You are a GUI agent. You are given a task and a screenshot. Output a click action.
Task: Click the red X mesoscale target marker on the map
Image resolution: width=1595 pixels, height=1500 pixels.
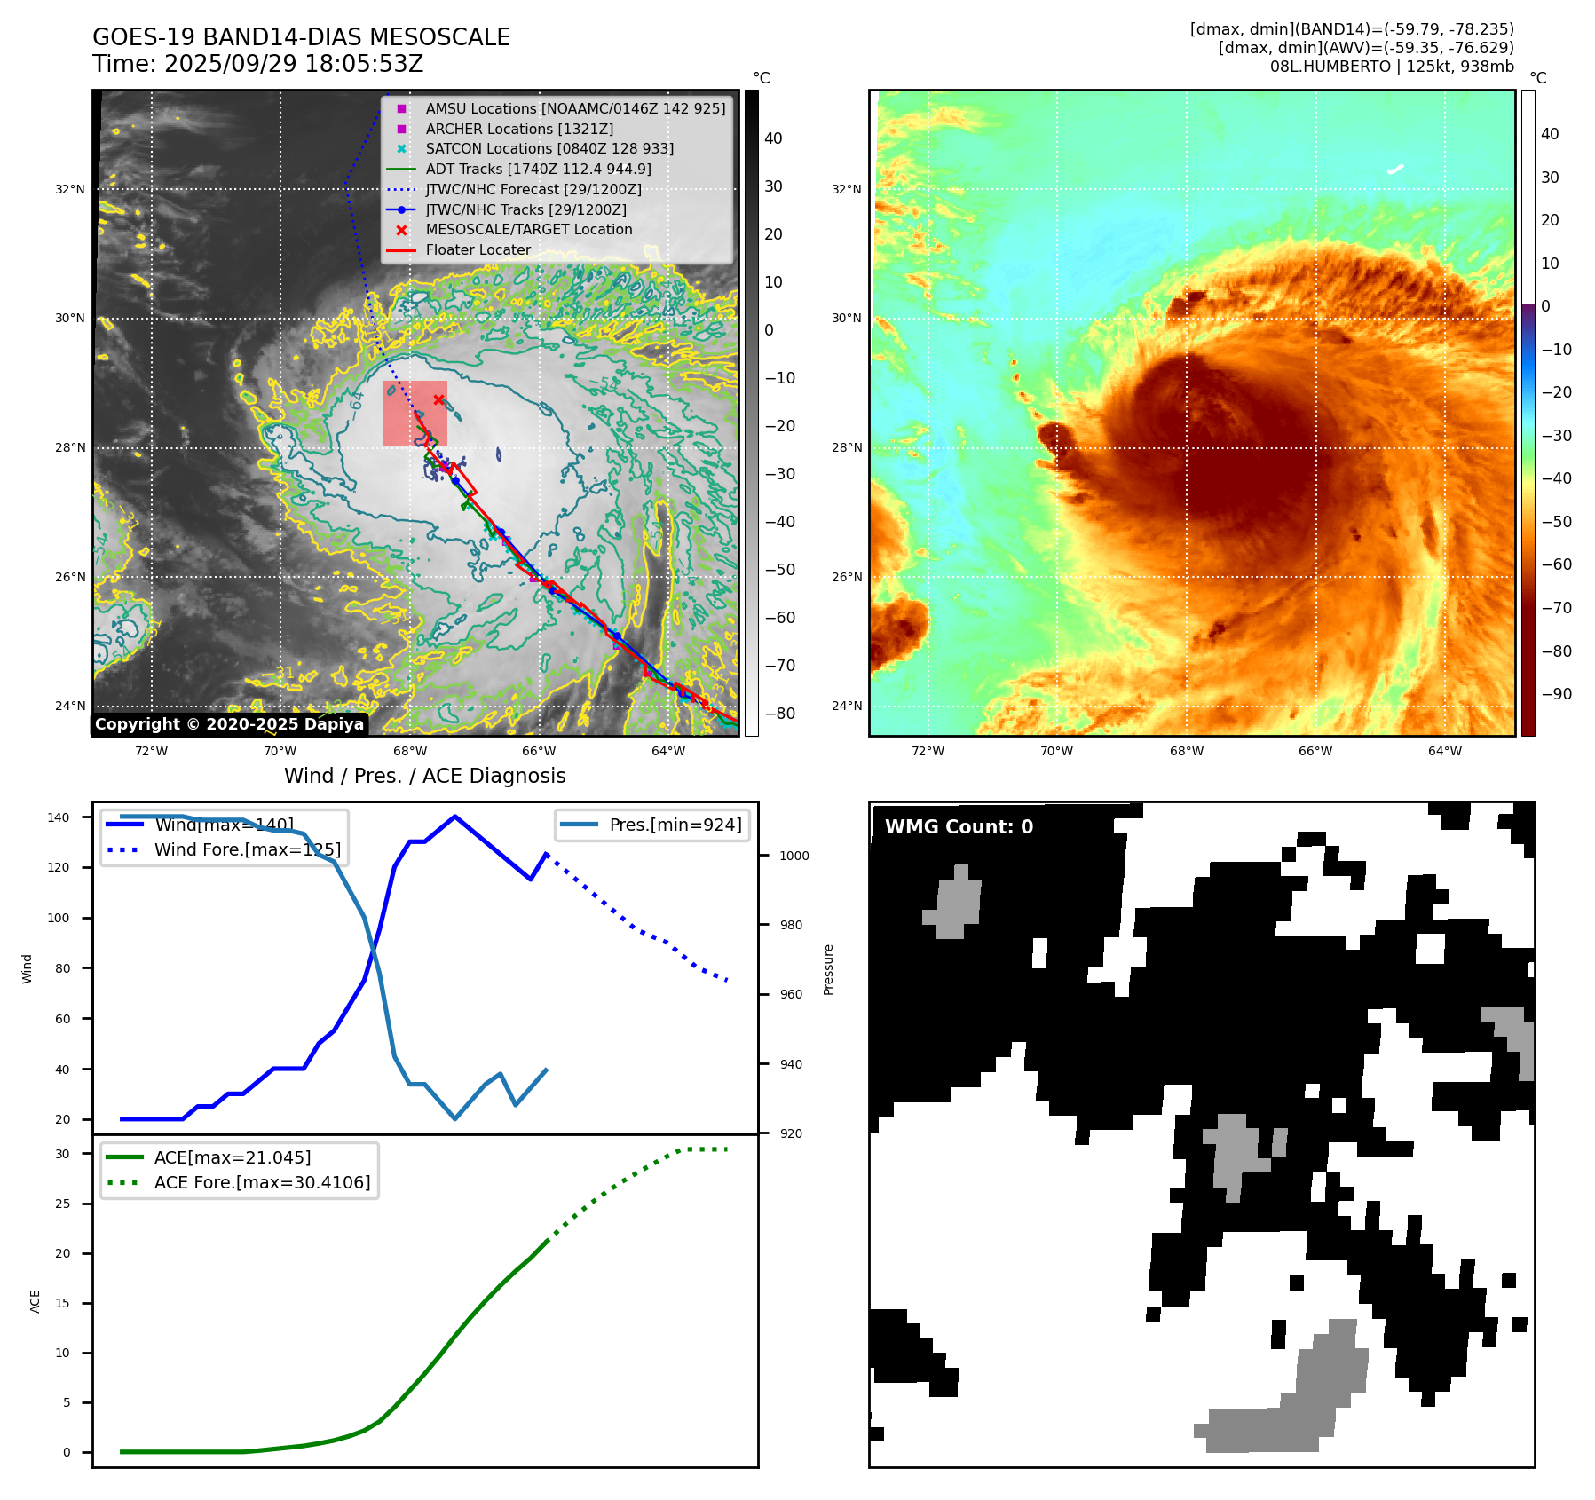(438, 399)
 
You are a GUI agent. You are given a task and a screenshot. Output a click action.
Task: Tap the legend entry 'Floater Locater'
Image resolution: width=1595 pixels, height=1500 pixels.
(478, 250)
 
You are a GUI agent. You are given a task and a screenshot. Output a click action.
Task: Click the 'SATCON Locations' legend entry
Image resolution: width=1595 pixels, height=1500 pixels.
(549, 148)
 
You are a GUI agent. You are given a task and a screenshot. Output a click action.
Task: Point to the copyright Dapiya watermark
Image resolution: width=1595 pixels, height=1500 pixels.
(229, 724)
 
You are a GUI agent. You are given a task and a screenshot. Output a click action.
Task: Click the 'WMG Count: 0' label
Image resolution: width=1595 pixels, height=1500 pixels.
(959, 827)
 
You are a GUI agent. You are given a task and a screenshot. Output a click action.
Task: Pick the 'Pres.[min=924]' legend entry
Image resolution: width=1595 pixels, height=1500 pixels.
(675, 825)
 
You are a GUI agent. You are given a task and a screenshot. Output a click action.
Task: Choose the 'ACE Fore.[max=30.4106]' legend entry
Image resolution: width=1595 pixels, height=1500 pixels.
(262, 1182)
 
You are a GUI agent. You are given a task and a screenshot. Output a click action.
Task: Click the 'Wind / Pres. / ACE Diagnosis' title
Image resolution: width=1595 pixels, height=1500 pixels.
(424, 776)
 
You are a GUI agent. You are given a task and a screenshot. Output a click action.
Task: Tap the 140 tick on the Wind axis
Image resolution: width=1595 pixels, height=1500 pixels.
(59, 817)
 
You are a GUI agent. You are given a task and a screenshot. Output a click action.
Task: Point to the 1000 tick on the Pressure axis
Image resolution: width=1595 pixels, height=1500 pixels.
(794, 856)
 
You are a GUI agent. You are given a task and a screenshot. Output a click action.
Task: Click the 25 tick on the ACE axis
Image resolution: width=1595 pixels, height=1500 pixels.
(62, 1204)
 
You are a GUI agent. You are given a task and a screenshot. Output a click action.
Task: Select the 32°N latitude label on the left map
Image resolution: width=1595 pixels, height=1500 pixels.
(70, 189)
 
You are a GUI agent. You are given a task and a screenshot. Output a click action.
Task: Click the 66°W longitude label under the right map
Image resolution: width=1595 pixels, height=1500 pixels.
(1315, 751)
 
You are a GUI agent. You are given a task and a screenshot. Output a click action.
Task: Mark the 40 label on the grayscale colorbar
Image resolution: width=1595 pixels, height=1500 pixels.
(773, 138)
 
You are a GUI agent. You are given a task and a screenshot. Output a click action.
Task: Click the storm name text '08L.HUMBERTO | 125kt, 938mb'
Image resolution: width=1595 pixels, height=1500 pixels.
(1391, 67)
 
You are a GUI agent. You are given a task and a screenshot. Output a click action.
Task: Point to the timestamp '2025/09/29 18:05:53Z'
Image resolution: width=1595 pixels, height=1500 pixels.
(293, 64)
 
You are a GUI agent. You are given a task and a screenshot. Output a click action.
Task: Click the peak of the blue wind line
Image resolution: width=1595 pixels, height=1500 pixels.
(454, 817)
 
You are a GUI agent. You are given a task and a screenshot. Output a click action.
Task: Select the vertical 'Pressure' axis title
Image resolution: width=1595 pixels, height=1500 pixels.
(828, 969)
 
